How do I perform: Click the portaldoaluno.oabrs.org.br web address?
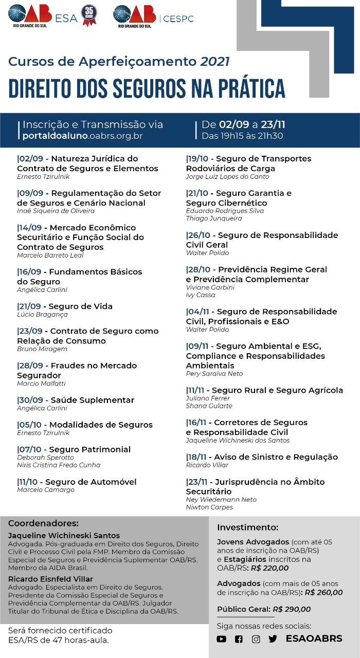[x=82, y=136]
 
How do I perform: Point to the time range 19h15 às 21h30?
[x=242, y=136]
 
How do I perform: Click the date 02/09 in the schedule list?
[x=30, y=158]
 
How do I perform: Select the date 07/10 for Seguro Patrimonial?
[x=30, y=449]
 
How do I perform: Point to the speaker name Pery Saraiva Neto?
[x=214, y=374]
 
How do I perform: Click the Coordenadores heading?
[x=43, y=523]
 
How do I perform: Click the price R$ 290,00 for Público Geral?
[x=292, y=609]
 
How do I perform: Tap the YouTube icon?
[x=222, y=639]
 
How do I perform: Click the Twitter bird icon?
[x=273, y=639]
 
